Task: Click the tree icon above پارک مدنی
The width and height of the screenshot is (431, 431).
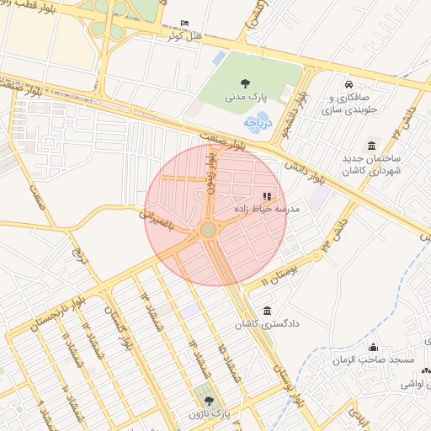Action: coord(245,83)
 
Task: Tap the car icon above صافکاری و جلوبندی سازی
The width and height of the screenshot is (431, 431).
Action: coord(349,84)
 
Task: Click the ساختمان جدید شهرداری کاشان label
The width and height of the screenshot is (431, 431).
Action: coord(371,164)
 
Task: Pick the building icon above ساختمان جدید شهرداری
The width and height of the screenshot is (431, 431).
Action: coord(371,146)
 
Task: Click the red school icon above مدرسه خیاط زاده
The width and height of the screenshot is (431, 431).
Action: coord(268,196)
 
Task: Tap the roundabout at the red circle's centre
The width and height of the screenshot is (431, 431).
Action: coord(208,229)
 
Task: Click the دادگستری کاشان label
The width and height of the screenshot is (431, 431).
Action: coord(267,323)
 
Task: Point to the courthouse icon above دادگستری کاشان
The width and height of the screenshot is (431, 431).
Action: coord(268,311)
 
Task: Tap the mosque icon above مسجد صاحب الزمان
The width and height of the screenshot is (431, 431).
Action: coord(374,347)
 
